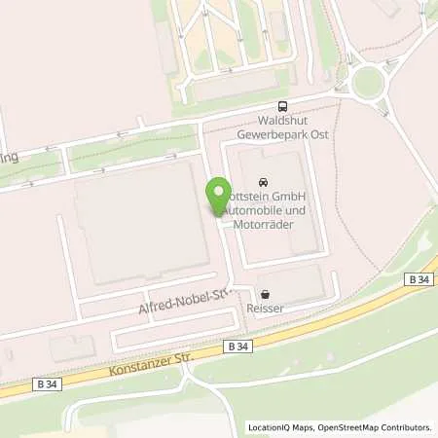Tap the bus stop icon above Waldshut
pos(282,107)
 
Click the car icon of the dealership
pos(262,182)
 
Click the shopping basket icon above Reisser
pos(265,293)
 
